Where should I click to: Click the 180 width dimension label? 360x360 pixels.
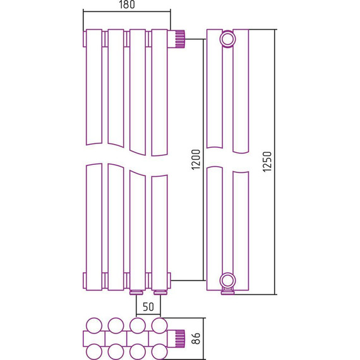(x=126, y=4)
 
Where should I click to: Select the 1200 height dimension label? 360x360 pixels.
(x=196, y=160)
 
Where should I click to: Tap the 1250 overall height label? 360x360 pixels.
(x=267, y=162)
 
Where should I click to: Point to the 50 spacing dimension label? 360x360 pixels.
(x=148, y=306)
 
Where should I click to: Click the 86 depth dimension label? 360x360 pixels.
(x=196, y=338)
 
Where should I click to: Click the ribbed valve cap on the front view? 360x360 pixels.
(x=180, y=39)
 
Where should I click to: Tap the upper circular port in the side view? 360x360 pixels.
(x=227, y=39)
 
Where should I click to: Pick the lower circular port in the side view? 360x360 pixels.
(x=227, y=280)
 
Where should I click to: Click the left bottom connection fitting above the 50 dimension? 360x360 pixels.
(x=137, y=292)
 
